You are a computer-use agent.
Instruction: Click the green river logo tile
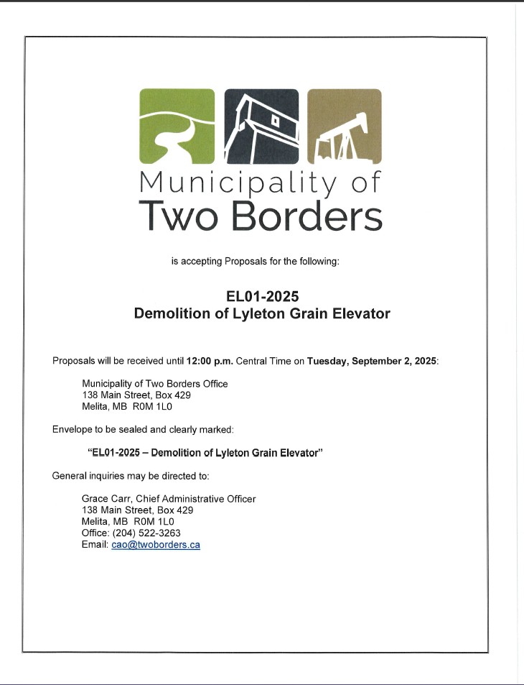(x=177, y=127)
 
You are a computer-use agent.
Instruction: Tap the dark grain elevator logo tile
(x=261, y=127)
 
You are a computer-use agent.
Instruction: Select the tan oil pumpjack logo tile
(x=344, y=127)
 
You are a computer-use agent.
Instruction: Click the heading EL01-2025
(x=261, y=296)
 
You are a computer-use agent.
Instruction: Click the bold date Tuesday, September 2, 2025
(x=371, y=361)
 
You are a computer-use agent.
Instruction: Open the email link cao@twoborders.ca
(x=156, y=545)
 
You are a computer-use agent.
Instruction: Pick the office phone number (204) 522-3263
(x=147, y=533)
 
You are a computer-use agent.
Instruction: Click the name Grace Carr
(x=106, y=499)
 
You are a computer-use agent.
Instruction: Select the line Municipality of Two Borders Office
(x=155, y=384)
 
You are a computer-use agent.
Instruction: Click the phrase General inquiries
(x=84, y=476)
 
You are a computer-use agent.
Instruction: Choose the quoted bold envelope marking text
(x=205, y=453)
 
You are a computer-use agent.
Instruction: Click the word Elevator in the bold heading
(x=362, y=313)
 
